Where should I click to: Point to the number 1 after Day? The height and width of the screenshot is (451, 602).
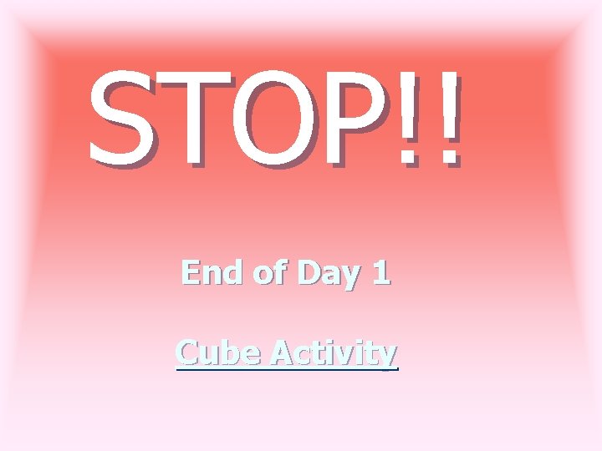pos(380,272)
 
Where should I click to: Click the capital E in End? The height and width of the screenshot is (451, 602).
pos(191,272)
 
